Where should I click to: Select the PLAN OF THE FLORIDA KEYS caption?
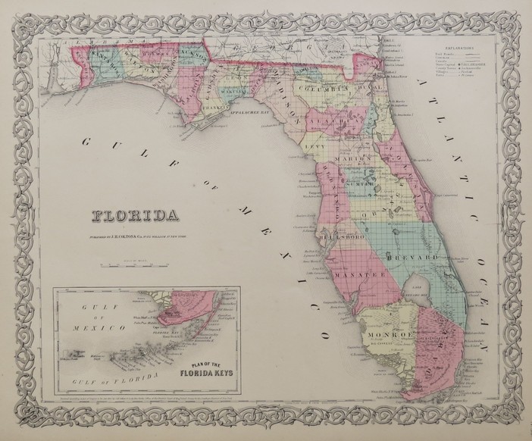200,371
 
